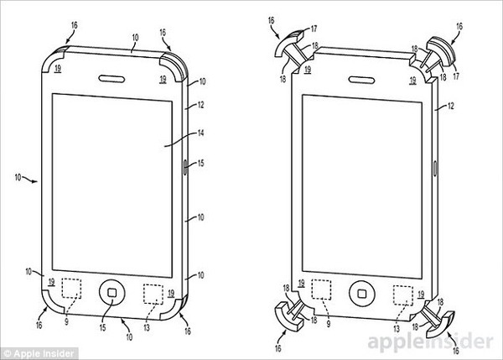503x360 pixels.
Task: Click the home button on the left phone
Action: pyautogui.click(x=112, y=293)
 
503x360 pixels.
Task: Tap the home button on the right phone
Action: pyautogui.click(x=362, y=293)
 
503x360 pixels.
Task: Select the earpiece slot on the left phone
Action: pyautogui.click(x=111, y=78)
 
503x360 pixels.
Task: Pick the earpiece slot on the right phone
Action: pyautogui.click(x=361, y=80)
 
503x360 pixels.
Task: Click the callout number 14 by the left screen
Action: pyautogui.click(x=200, y=133)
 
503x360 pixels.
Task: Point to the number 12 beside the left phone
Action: pyautogui.click(x=200, y=105)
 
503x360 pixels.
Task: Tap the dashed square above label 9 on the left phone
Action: pyautogui.click(x=71, y=289)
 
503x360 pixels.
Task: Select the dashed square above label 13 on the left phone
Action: pyautogui.click(x=153, y=294)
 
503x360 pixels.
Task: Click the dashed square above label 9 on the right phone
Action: pyautogui.click(x=321, y=290)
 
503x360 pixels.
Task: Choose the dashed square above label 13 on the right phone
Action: pyautogui.click(x=403, y=295)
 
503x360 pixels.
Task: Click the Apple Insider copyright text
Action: pyautogui.click(x=39, y=354)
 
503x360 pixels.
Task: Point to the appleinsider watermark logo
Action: pyautogui.click(x=431, y=342)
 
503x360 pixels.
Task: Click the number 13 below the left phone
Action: pyautogui.click(x=147, y=328)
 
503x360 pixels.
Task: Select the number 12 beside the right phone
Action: pyautogui.click(x=451, y=106)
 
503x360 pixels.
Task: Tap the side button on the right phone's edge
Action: pyautogui.click(x=435, y=169)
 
